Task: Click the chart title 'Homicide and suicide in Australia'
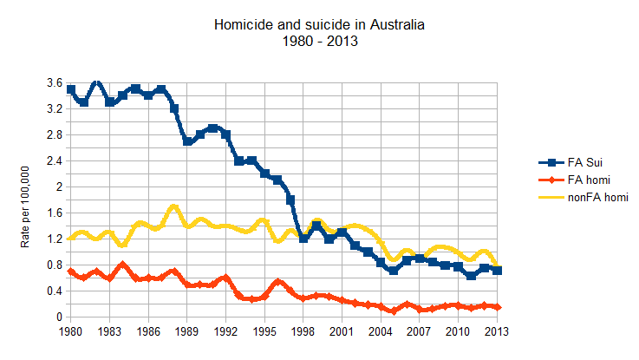point(319,27)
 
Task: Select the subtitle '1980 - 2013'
point(319,42)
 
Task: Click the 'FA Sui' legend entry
point(582,162)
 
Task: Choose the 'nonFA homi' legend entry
point(594,197)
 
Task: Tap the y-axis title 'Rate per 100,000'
point(25,200)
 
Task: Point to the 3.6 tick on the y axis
point(54,83)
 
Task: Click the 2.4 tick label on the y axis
point(54,161)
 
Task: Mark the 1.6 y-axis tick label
point(54,213)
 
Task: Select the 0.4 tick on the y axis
point(54,291)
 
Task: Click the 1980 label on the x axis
point(70,331)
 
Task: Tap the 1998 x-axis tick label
point(303,331)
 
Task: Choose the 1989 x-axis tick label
point(187,331)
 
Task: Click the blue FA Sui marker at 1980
point(71,89)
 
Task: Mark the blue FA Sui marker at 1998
point(303,239)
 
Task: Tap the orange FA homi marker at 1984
point(122,265)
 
